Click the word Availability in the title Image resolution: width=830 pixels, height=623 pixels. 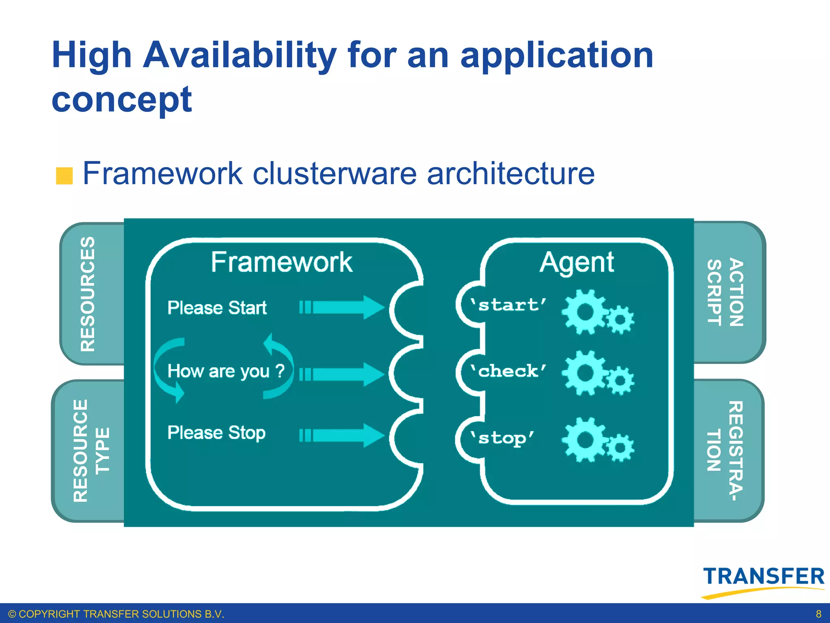coord(240,56)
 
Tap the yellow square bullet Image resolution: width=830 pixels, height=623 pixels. coord(64,176)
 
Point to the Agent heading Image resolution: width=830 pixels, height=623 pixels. coord(576,263)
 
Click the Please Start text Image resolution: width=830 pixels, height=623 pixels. coord(217,307)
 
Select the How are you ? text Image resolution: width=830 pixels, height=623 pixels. coord(226,371)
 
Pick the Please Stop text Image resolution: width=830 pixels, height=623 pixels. coord(216,432)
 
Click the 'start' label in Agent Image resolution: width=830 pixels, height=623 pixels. coord(508,305)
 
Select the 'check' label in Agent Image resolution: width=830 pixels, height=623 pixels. coord(508,371)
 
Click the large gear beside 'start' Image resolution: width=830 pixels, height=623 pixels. coord(585,312)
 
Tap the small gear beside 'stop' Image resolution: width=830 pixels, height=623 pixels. coord(620,448)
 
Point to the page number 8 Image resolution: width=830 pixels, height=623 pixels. coord(818,614)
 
